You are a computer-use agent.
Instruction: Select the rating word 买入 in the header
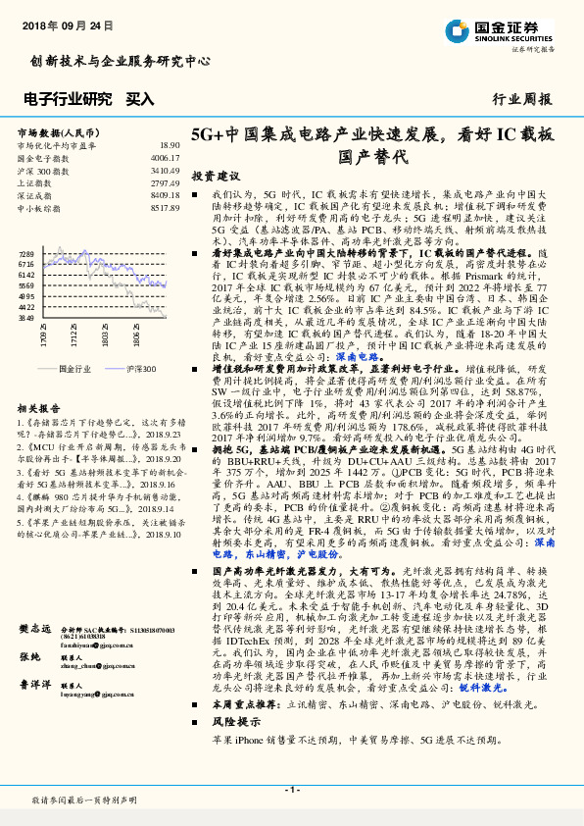[140, 99]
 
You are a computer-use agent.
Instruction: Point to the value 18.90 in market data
[170, 145]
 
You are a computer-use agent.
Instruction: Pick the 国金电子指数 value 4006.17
[165, 158]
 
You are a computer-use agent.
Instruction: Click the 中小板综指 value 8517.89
[165, 209]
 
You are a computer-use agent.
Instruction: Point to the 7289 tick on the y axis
[26, 253]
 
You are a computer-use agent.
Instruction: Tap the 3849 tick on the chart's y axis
[26, 318]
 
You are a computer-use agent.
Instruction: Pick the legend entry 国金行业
[74, 369]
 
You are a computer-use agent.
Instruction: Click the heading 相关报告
[40, 407]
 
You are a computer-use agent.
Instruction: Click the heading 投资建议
[215, 176]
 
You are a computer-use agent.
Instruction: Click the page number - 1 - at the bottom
[291, 790]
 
